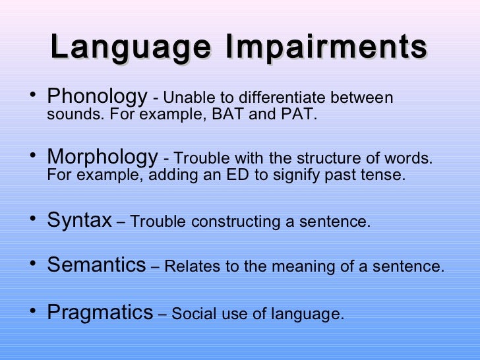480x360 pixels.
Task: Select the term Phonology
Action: point(97,98)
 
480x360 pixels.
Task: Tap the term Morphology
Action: point(102,158)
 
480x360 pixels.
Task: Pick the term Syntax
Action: point(79,220)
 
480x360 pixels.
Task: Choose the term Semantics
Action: point(96,266)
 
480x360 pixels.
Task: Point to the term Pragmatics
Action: point(100,312)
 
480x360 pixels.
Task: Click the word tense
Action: point(385,176)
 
